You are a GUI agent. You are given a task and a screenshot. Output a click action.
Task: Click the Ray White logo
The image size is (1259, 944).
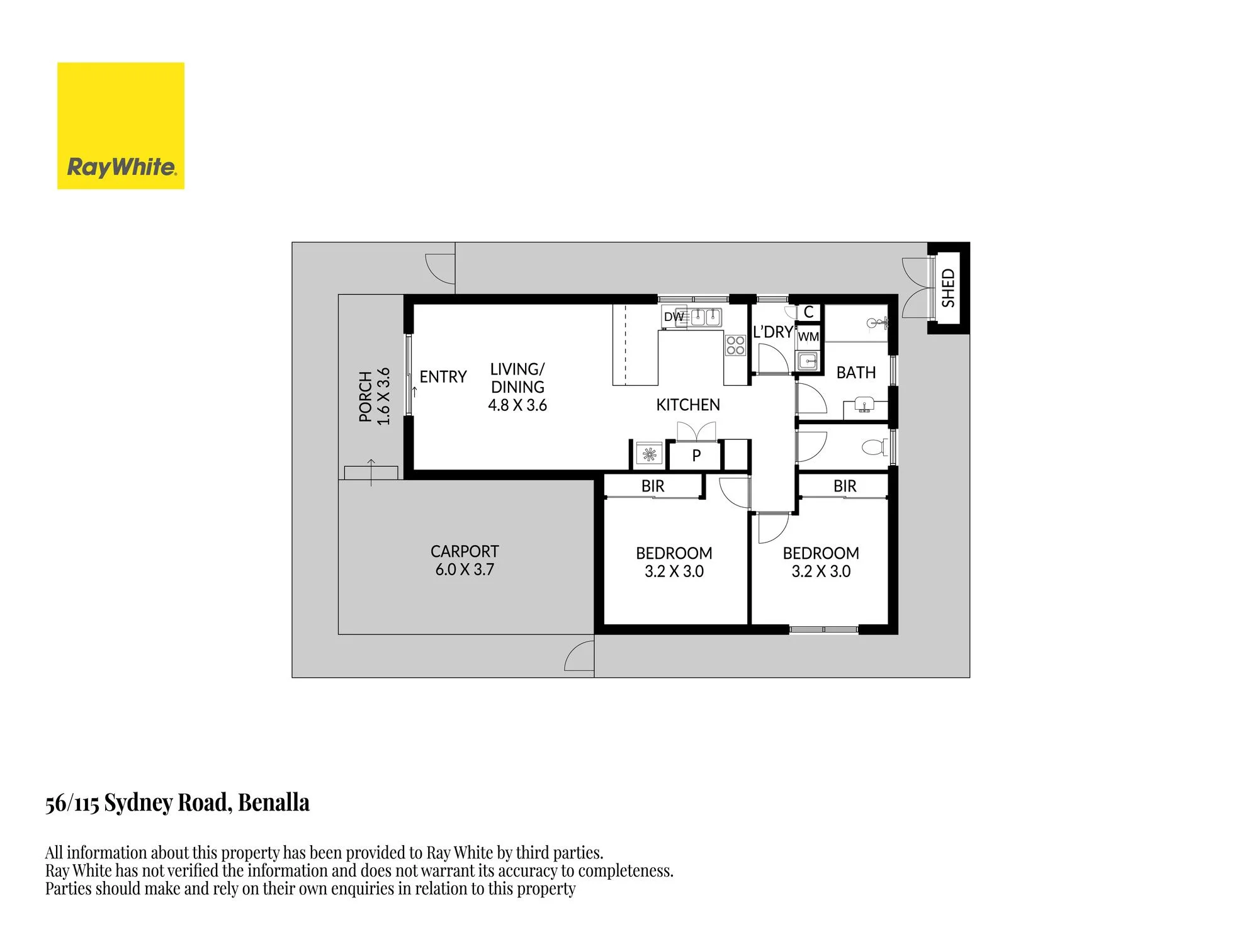pos(121,125)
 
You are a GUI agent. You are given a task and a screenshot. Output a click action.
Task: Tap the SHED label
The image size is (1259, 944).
pos(948,288)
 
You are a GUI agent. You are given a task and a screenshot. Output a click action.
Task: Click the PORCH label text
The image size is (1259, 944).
pos(365,396)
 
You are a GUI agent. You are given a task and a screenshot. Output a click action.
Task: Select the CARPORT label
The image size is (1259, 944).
pos(465,551)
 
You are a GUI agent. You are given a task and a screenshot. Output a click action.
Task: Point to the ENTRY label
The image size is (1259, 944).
pos(443,376)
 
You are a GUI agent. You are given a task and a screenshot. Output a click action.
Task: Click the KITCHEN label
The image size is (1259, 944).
pos(688,405)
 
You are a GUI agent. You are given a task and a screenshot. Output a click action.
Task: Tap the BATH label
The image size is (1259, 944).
pos(856,373)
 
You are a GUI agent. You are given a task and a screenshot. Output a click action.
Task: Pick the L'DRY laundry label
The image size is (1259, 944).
pos(773,332)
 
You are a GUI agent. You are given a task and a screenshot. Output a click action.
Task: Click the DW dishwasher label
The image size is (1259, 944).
pos(674,317)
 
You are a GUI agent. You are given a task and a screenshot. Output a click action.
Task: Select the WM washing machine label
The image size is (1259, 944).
pos(808,337)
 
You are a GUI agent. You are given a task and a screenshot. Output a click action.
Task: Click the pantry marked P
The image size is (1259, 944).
pos(696,455)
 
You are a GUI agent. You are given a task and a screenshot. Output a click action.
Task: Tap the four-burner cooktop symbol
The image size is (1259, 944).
pos(735,346)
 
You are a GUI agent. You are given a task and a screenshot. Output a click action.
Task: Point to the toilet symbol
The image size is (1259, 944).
pos(875,447)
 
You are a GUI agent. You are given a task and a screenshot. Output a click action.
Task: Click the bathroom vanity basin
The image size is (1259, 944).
pos(865,407)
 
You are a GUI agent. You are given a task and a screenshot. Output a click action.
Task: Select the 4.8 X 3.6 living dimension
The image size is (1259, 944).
pos(517,405)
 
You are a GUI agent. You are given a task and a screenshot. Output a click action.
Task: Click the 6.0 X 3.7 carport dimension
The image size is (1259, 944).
pos(465,570)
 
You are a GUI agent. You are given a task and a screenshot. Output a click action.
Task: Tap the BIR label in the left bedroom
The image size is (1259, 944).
pos(653,486)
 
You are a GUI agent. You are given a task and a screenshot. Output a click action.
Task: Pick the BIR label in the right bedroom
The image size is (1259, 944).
pos(845,486)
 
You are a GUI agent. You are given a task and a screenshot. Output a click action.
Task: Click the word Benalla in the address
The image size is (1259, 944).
pos(274,803)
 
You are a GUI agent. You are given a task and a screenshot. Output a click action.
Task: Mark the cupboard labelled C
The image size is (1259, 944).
pos(809,312)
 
